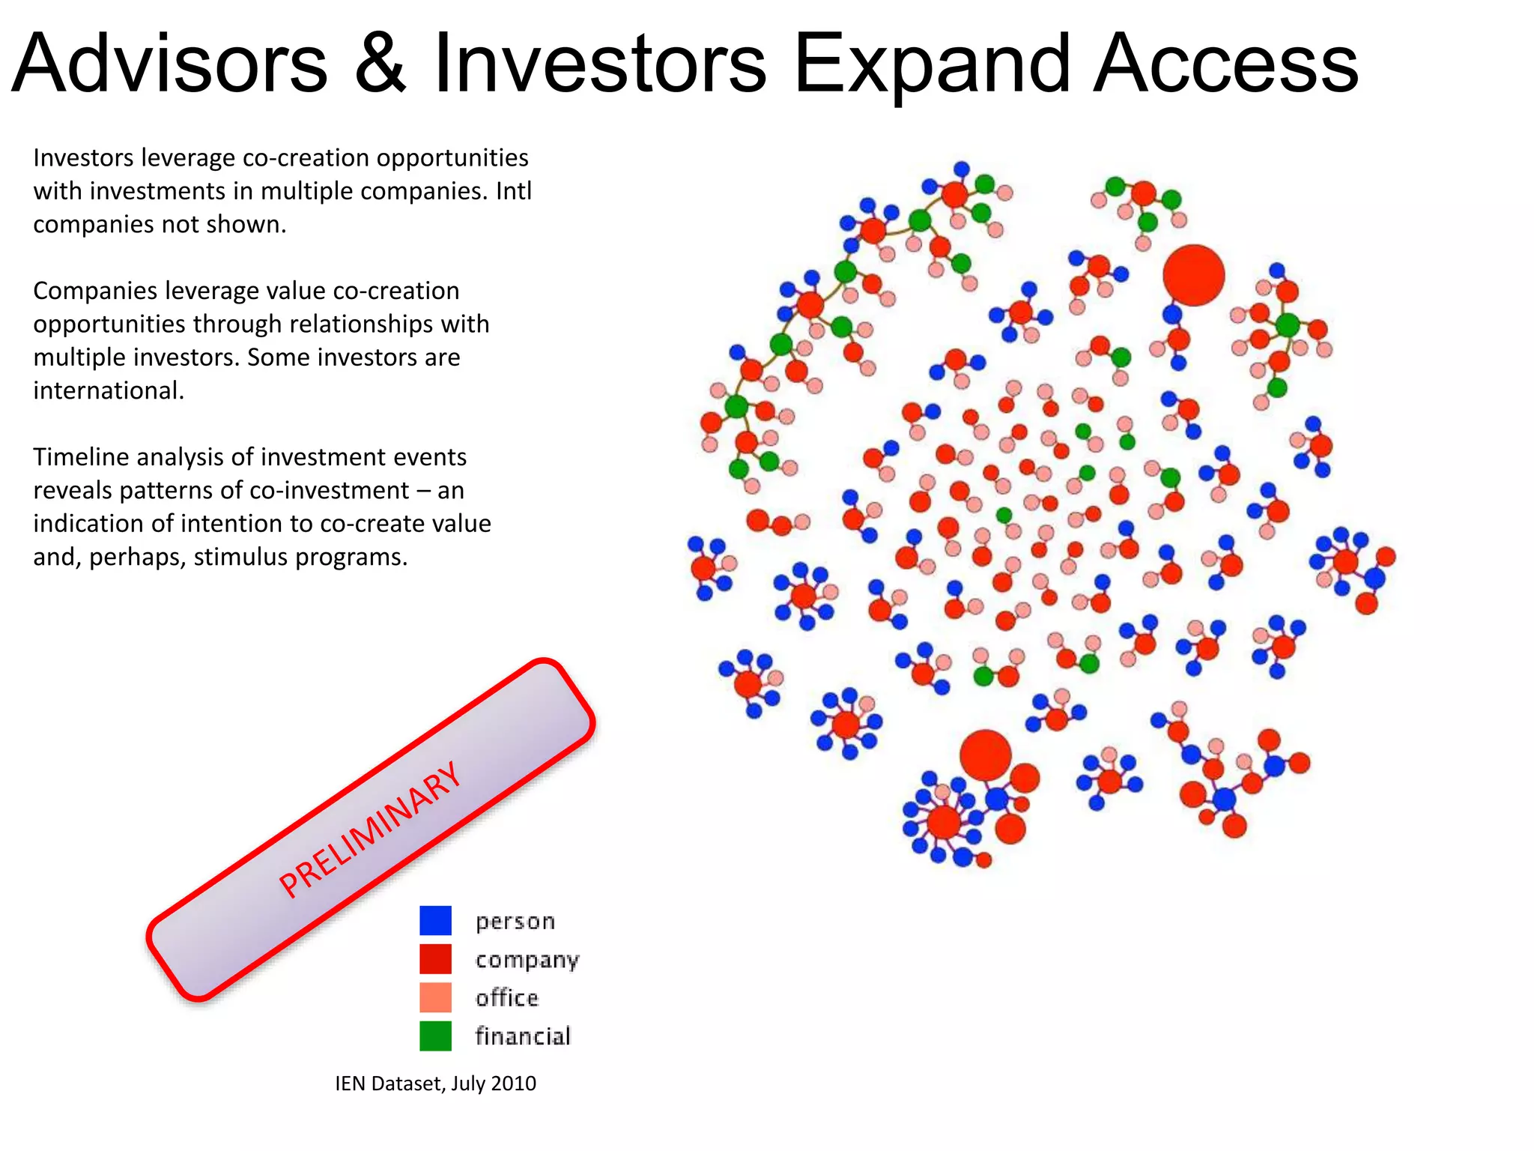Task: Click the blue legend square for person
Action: pyautogui.click(x=435, y=920)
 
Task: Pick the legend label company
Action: pyautogui.click(x=527, y=959)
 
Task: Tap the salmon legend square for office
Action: pyautogui.click(x=435, y=997)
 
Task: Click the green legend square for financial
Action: pyautogui.click(x=435, y=1036)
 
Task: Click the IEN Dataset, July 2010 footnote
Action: pyautogui.click(x=435, y=1084)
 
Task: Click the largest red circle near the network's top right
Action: pyautogui.click(x=1193, y=275)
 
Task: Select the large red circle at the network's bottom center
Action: pyautogui.click(x=985, y=755)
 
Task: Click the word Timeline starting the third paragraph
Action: pyautogui.click(x=80, y=457)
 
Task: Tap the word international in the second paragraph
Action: pyautogui.click(x=108, y=390)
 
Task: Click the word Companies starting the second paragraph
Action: pyautogui.click(x=94, y=291)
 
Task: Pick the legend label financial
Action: pyautogui.click(x=523, y=1036)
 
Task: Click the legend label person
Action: pyautogui.click(x=515, y=921)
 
